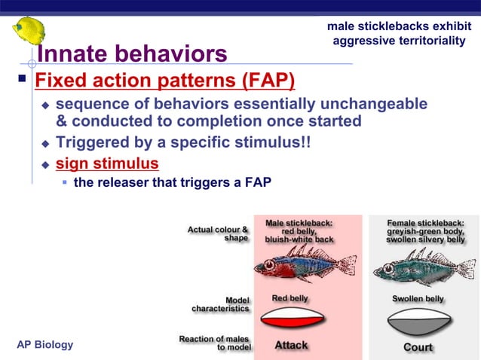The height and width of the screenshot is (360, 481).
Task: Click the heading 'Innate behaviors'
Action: click(132, 54)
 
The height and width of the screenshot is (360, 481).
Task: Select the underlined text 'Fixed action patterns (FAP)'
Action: click(165, 80)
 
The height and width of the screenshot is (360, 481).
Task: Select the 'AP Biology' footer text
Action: click(45, 345)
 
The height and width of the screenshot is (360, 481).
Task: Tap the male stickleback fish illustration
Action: click(305, 264)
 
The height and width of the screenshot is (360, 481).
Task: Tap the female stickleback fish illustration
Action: click(422, 264)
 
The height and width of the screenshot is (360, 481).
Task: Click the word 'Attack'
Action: click(291, 345)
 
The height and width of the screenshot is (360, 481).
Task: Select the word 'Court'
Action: click(418, 346)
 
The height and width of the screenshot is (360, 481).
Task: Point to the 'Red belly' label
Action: click(290, 299)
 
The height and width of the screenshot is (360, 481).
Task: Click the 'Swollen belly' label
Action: click(418, 299)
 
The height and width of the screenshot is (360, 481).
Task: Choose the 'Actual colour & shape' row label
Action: click(218, 233)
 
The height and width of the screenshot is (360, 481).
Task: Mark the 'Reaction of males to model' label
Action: click(215, 343)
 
